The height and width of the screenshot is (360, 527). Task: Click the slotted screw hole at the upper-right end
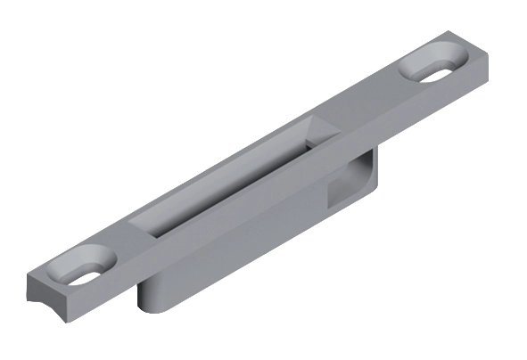[x=438, y=67]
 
